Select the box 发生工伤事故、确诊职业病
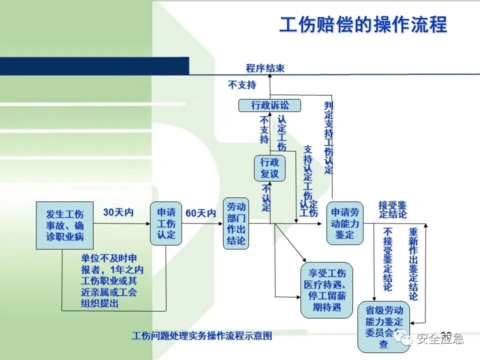click(x=65, y=225)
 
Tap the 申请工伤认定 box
click(x=166, y=223)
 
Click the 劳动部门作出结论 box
click(x=236, y=223)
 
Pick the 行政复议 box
click(x=269, y=168)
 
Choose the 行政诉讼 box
click(x=269, y=105)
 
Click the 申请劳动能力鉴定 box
click(x=344, y=223)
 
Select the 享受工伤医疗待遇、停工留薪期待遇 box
click(x=326, y=289)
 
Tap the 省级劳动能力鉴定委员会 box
click(x=383, y=326)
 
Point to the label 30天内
click(x=118, y=212)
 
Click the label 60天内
click(x=200, y=213)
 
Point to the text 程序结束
click(x=265, y=68)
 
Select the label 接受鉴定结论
click(x=392, y=209)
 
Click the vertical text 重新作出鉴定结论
click(x=413, y=264)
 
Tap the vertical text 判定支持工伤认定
click(x=328, y=137)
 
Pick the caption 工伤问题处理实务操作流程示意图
click(x=202, y=336)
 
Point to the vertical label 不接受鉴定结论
click(x=388, y=259)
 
